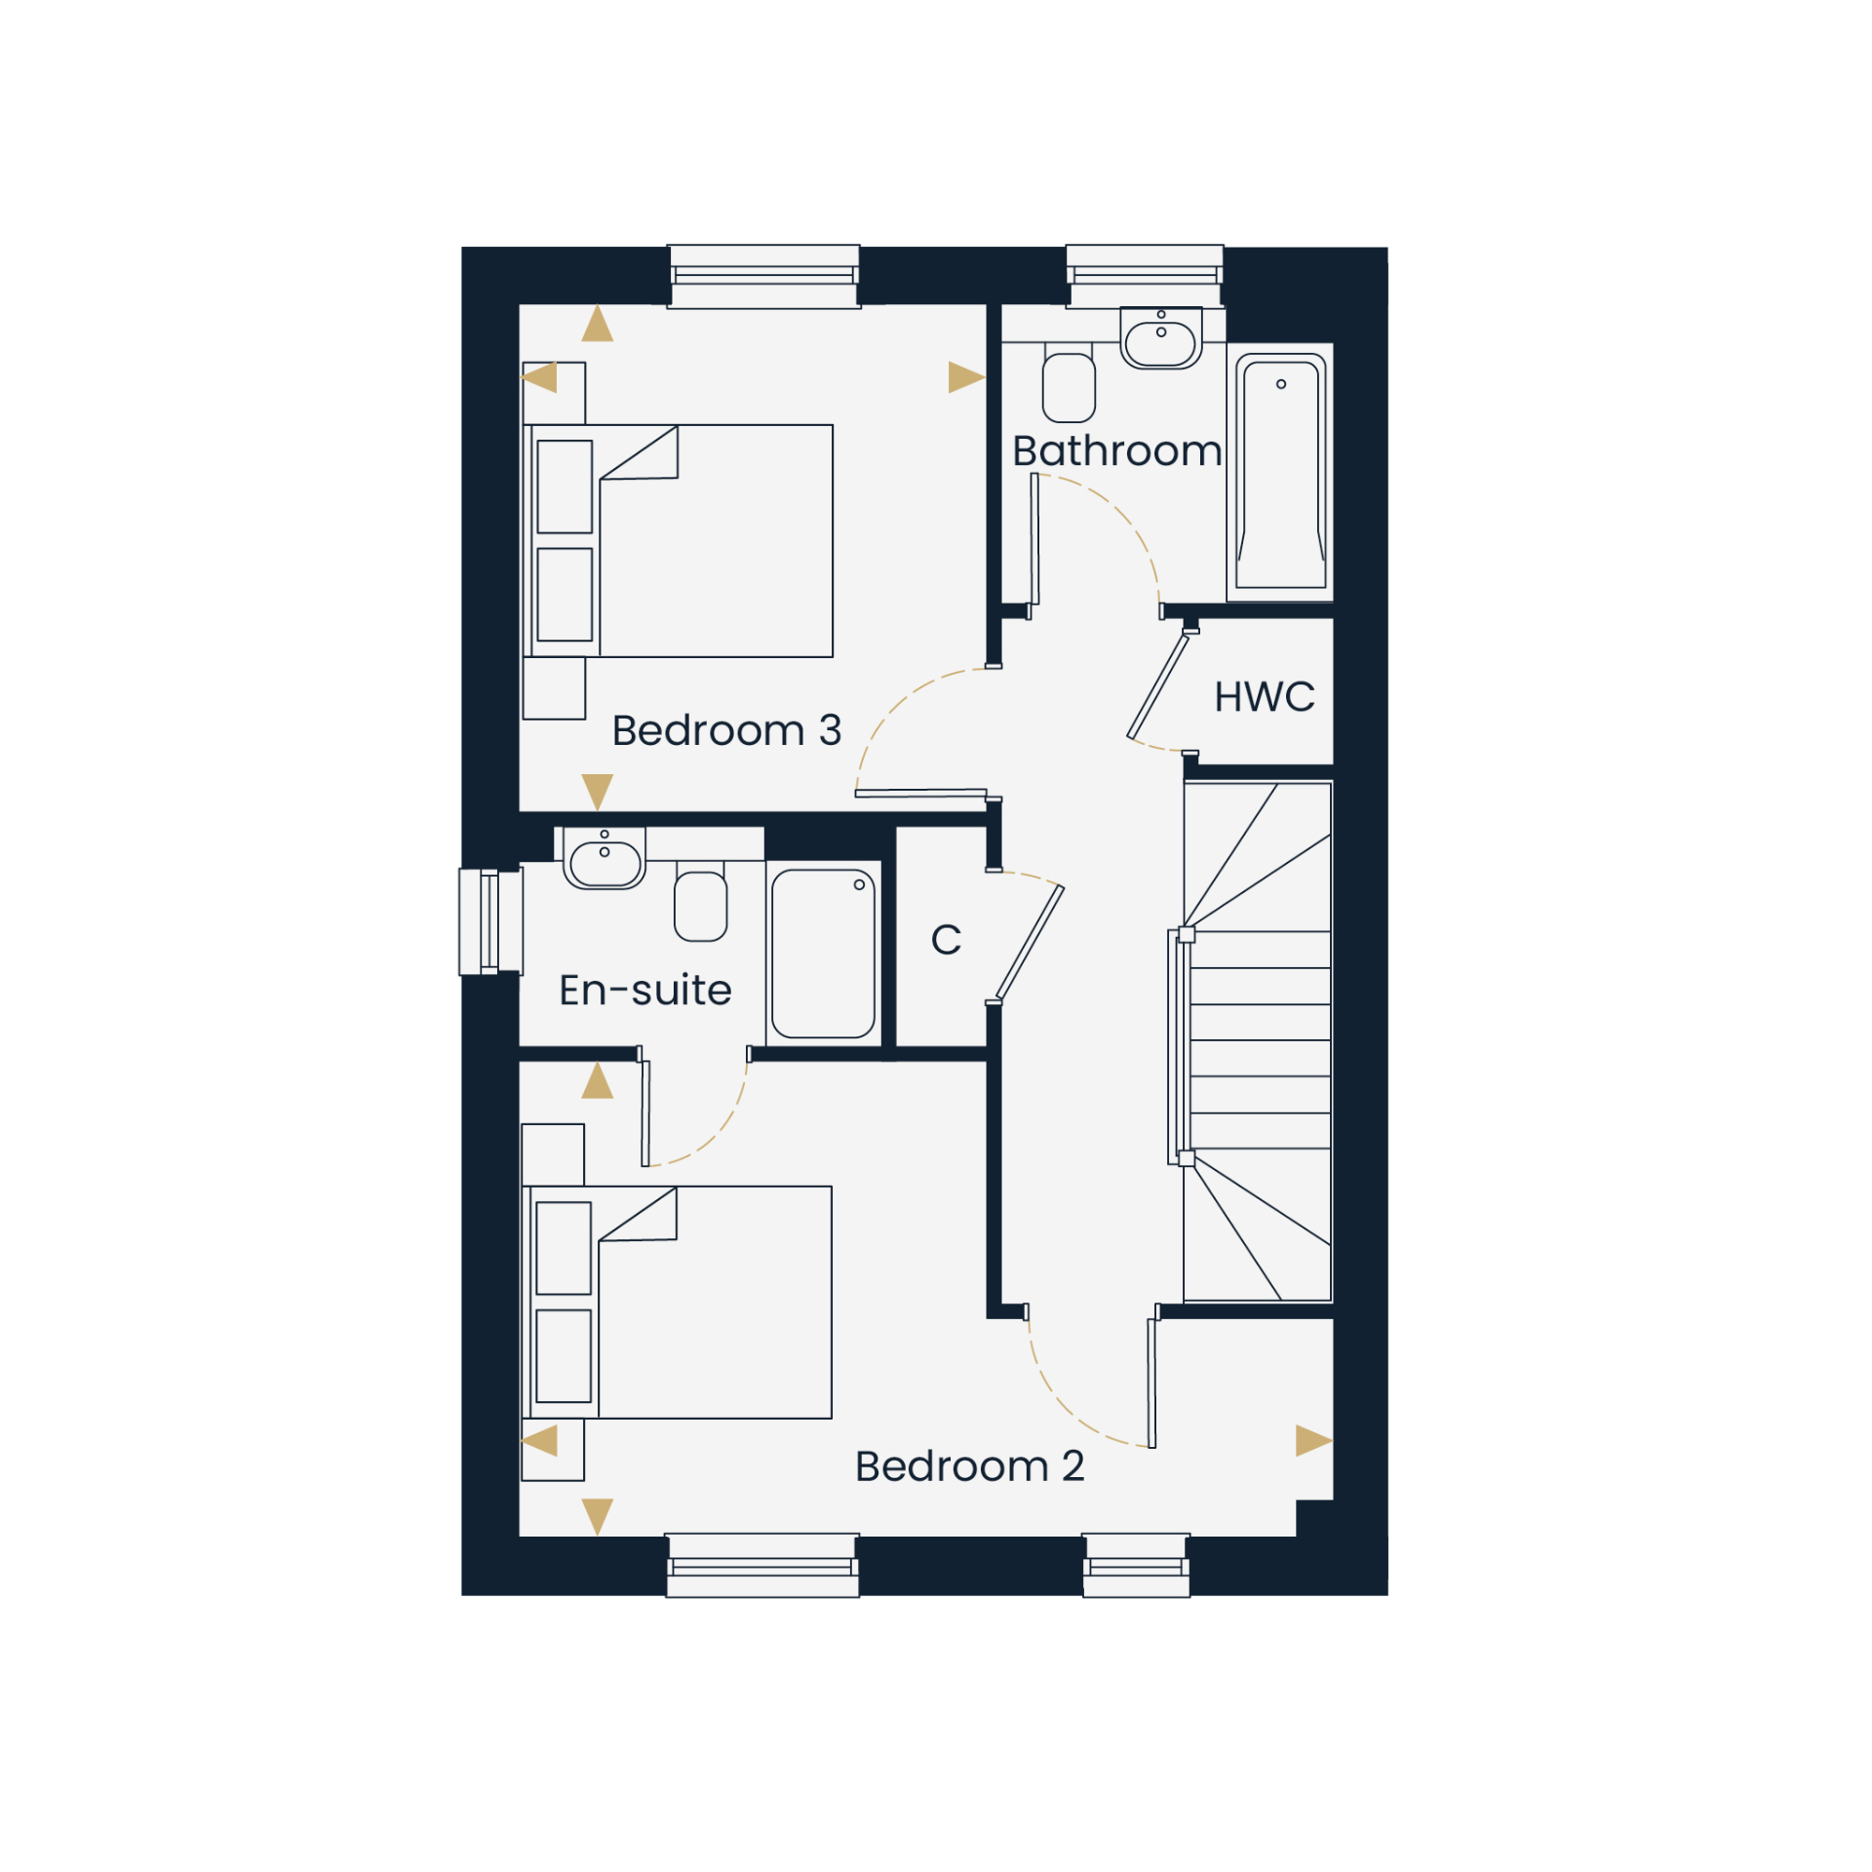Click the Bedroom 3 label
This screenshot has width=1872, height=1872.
[x=725, y=731]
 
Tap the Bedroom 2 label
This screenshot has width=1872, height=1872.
[x=969, y=1466]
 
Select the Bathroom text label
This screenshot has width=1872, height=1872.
[x=1117, y=450]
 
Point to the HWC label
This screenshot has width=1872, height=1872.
[x=1265, y=696]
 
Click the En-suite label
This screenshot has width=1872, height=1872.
[x=645, y=989]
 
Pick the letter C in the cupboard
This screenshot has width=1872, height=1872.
[x=945, y=939]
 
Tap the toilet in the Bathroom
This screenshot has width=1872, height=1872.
[x=1069, y=383]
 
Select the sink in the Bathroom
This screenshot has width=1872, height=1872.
[x=1161, y=339]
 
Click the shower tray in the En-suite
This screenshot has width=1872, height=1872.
[x=824, y=954]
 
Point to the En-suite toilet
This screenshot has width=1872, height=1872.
[x=700, y=901]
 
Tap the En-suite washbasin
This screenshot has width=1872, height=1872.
[x=605, y=858]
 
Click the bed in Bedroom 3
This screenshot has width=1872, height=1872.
[x=678, y=541]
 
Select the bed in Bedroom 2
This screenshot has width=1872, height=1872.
[x=677, y=1302]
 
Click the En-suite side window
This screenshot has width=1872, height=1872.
[x=490, y=921]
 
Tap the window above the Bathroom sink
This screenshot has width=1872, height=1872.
[x=1146, y=276]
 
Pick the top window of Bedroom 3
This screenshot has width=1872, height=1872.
[x=765, y=276]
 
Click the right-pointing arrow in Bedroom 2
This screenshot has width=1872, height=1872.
[x=1314, y=1441]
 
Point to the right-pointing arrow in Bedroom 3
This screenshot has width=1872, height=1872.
[x=966, y=377]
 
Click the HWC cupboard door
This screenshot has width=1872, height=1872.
[x=1158, y=686]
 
